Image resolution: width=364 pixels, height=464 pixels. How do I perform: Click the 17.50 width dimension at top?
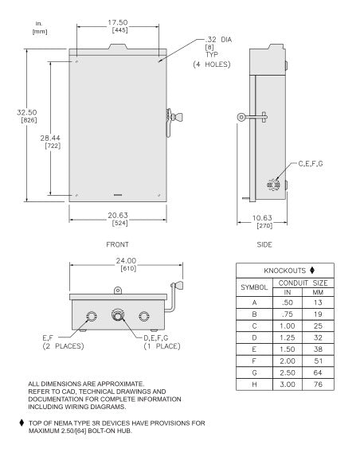[x=118, y=22]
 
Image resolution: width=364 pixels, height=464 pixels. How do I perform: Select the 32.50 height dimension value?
[x=27, y=112]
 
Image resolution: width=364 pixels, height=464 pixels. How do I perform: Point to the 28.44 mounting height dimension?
[x=50, y=138]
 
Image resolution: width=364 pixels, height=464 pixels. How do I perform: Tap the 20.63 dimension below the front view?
[x=118, y=216]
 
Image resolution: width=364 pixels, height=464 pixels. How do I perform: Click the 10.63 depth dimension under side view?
[x=262, y=218]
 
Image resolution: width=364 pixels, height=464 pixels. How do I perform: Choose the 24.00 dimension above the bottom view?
[x=126, y=261]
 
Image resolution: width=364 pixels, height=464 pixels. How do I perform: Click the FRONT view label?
[x=118, y=244]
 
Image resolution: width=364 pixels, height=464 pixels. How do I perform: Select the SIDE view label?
[x=264, y=244]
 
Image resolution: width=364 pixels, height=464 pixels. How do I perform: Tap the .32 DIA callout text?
[x=218, y=40]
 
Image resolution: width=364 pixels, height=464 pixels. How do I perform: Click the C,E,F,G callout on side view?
[x=311, y=164]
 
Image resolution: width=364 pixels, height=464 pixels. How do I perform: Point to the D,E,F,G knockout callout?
[x=156, y=338]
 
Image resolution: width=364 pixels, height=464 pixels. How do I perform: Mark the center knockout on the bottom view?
[x=118, y=316]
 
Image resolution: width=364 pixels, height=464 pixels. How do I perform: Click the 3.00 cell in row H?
[x=288, y=384]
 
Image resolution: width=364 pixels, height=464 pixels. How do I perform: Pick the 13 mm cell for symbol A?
[x=318, y=302]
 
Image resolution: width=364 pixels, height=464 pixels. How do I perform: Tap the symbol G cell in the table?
[x=254, y=372]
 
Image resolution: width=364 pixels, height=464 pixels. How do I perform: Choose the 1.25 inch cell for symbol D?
[x=288, y=337]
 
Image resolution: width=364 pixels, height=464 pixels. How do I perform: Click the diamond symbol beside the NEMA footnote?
[x=22, y=423]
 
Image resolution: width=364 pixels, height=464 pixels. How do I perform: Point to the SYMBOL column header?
[x=254, y=287]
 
